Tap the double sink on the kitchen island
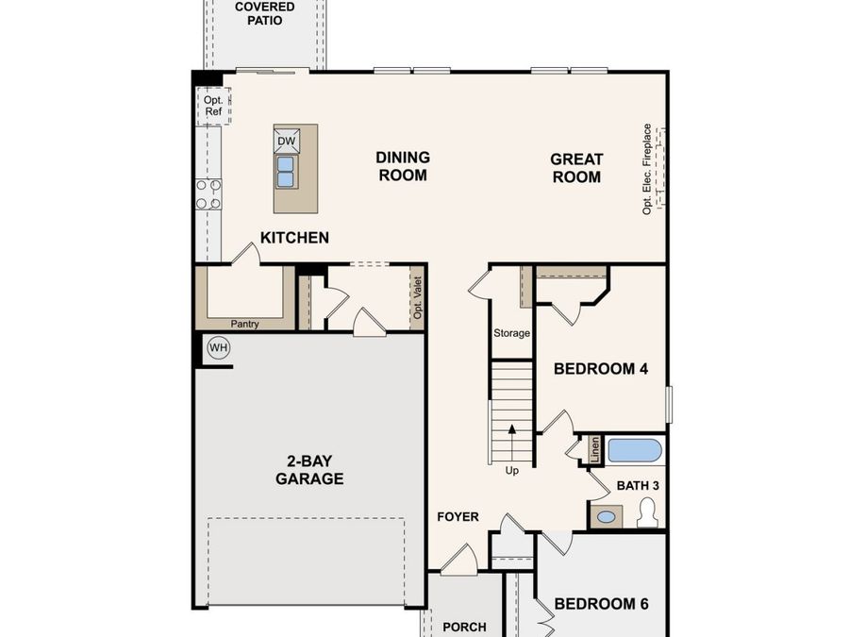[286, 171]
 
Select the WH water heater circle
[219, 348]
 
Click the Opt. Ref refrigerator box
[212, 106]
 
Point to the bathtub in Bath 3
[634, 450]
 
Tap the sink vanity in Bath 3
[606, 516]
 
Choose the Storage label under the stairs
[512, 333]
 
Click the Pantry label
[244, 324]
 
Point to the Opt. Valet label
[418, 297]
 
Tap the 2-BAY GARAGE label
[309, 470]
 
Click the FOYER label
[458, 517]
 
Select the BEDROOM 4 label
[601, 369]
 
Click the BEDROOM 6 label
[601, 604]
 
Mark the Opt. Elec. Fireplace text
[648, 169]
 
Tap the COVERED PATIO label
[264, 13]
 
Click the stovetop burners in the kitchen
[208, 193]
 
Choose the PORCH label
[464, 627]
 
